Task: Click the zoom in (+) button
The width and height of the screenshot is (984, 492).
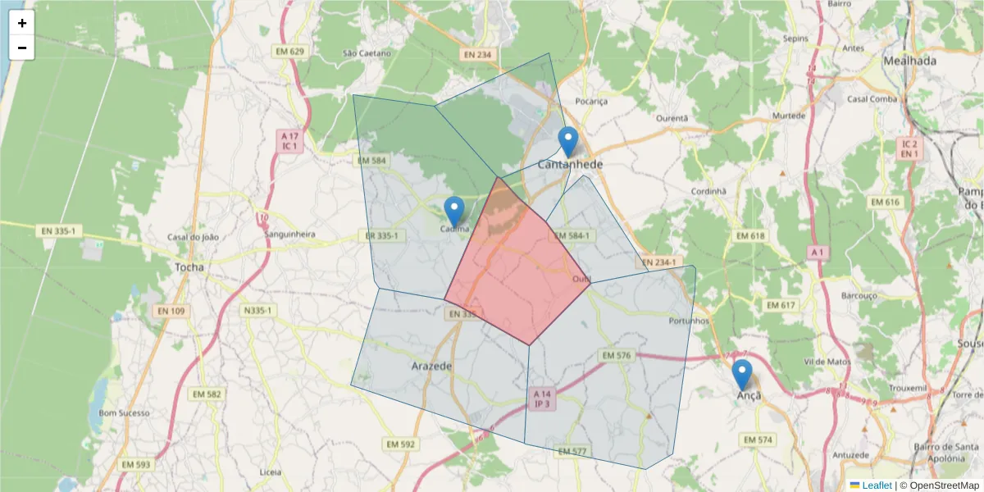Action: (x=22, y=23)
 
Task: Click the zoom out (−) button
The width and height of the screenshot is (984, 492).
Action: (x=22, y=48)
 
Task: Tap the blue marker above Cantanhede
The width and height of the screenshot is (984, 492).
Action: (x=567, y=141)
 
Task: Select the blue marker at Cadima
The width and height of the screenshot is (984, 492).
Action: (x=453, y=212)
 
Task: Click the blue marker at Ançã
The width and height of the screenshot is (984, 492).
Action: (x=741, y=374)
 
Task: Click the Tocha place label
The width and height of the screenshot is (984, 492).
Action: (x=189, y=267)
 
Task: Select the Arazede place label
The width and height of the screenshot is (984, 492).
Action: (x=431, y=367)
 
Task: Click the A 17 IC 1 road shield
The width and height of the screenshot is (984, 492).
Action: (x=289, y=141)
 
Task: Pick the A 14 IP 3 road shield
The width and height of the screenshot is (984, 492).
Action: (x=541, y=399)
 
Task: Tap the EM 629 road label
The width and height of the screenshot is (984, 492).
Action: (x=289, y=52)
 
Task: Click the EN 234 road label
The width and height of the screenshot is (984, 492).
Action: (x=477, y=55)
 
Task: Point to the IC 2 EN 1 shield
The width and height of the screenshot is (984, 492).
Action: (x=909, y=148)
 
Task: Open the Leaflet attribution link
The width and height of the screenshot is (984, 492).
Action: (x=877, y=485)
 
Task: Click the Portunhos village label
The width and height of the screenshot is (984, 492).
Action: (x=689, y=321)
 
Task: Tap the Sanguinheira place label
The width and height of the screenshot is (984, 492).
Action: (x=290, y=234)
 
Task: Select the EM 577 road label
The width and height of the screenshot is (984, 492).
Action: (x=572, y=452)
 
